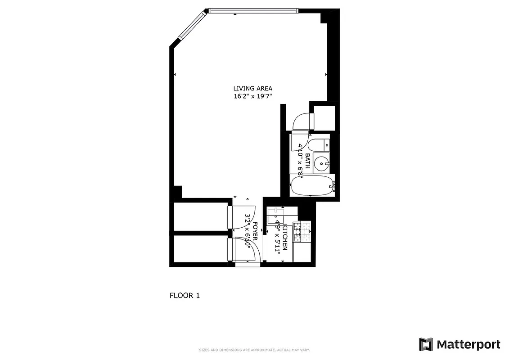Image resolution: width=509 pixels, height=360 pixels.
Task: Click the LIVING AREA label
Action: click(x=252, y=89)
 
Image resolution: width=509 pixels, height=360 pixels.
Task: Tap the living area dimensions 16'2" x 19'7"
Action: click(x=252, y=96)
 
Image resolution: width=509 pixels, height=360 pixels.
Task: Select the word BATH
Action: click(x=307, y=161)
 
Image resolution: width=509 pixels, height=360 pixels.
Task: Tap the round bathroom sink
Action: click(x=322, y=163)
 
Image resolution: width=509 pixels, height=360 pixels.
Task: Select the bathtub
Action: click(x=312, y=185)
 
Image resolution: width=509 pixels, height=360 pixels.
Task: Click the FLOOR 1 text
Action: click(x=184, y=296)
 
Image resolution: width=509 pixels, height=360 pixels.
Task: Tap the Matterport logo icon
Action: click(x=426, y=345)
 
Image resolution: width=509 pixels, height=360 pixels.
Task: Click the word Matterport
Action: click(x=468, y=345)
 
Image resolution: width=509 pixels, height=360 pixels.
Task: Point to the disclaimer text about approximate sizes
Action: click(x=254, y=350)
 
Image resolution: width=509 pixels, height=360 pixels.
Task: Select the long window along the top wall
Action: click(x=252, y=10)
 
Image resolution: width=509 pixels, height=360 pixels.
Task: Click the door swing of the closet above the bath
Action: click(x=301, y=121)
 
